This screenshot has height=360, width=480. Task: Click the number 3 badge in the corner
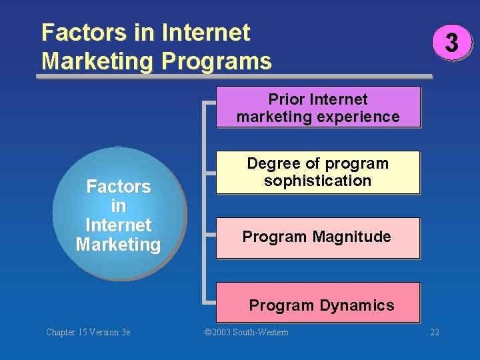(x=451, y=43)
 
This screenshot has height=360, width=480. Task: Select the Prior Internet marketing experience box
(x=318, y=107)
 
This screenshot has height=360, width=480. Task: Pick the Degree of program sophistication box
(x=318, y=172)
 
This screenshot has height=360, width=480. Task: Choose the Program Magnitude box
(x=318, y=237)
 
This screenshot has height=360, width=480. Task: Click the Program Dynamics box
(x=318, y=303)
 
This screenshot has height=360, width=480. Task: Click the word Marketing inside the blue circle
(x=118, y=245)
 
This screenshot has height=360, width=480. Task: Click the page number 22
(x=435, y=332)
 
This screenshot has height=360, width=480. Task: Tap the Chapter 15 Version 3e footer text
(x=88, y=332)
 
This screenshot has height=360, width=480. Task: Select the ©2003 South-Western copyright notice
(x=246, y=332)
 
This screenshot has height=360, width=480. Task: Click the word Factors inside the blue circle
(x=119, y=187)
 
